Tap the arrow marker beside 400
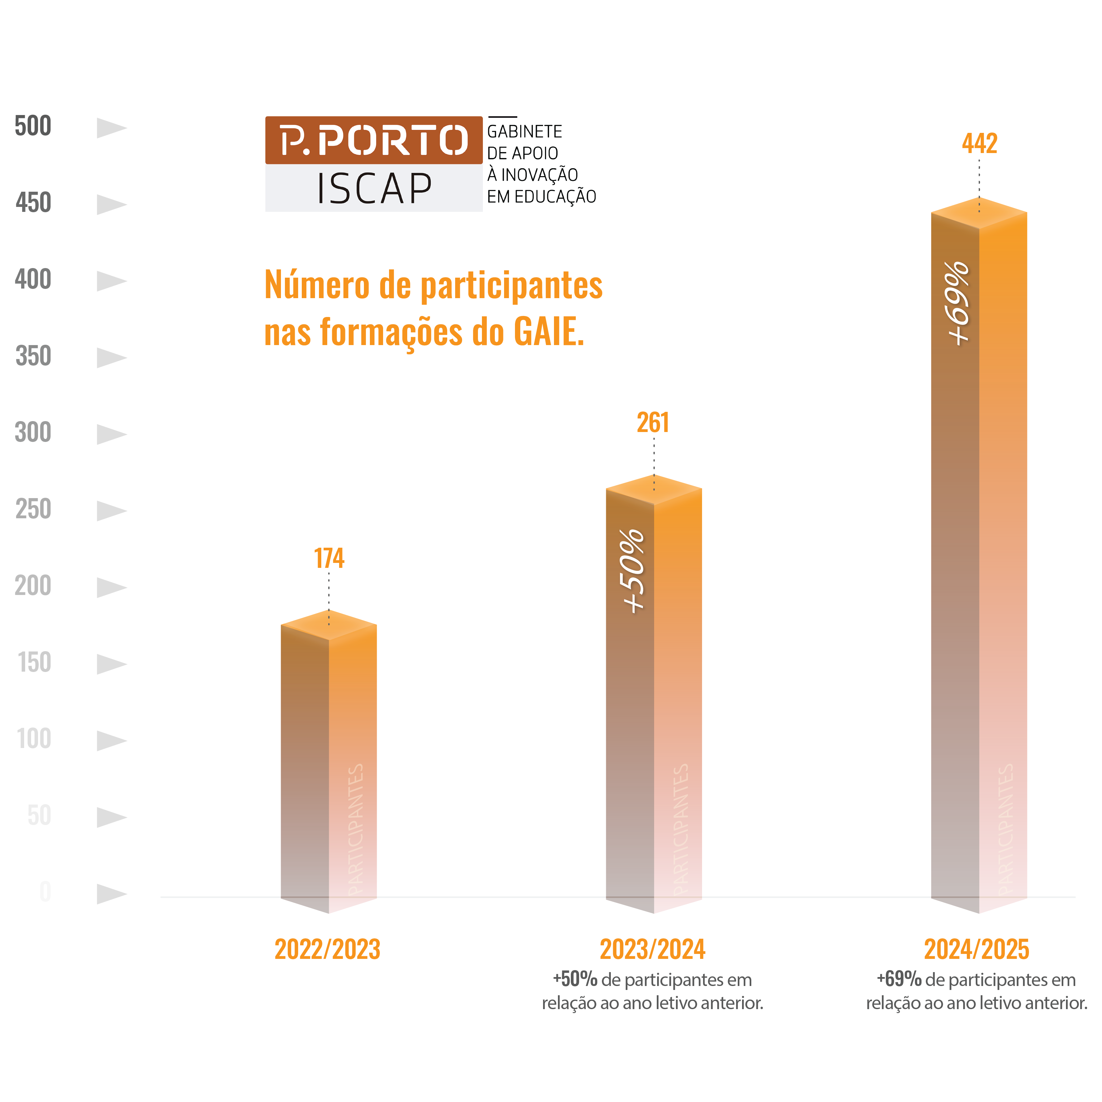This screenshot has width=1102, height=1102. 111,281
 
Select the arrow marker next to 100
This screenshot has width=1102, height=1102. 111,740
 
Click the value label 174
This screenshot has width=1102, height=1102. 329,558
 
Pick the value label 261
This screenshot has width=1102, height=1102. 653,423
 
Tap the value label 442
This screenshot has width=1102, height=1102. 979,143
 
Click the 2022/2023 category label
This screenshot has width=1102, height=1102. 328,950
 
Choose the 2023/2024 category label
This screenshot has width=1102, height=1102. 652,950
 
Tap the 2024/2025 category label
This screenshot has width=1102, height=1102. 976,950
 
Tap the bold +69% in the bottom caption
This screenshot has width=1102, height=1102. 899,979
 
